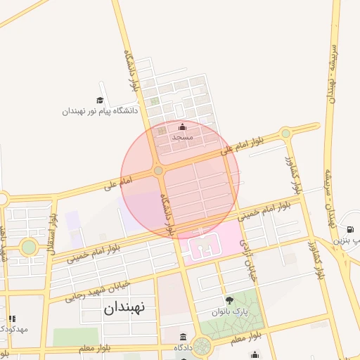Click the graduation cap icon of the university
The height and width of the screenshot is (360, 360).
pyautogui.click(x=100, y=101)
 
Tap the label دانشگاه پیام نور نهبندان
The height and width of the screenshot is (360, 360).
pyautogui.click(x=100, y=111)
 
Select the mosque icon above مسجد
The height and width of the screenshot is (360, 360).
pyautogui.click(x=183, y=127)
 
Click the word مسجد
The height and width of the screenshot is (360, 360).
pyautogui.click(x=183, y=137)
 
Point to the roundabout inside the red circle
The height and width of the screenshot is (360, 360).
pyautogui.click(x=159, y=171)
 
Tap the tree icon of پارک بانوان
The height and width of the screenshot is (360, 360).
pyautogui.click(x=229, y=300)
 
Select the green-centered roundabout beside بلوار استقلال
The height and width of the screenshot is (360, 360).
pyautogui.click(x=29, y=247)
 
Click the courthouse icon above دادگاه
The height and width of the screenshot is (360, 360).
pyautogui.click(x=184, y=337)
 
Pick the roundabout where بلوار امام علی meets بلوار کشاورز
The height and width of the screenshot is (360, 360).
pyautogui.click(x=285, y=134)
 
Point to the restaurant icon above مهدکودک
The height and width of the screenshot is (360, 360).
pyautogui.click(x=12, y=319)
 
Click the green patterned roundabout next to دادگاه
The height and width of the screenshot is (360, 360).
pyautogui.click(x=202, y=346)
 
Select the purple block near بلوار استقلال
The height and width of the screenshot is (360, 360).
pyautogui.click(x=73, y=219)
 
